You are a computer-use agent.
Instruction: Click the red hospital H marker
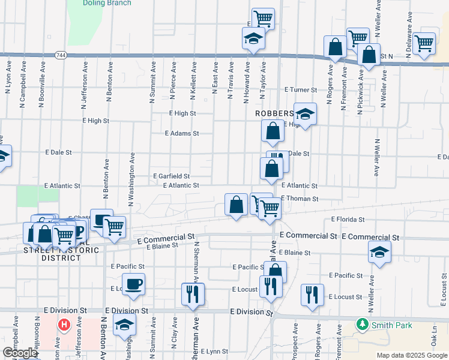pyautogui.click(x=64, y=326)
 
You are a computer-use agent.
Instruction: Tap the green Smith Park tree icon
pyautogui.click(x=362, y=325)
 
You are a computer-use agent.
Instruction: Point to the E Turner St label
pyautogui.click(x=301, y=90)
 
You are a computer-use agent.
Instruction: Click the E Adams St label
pyautogui.click(x=181, y=134)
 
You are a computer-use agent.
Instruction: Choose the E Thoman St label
pyautogui.click(x=299, y=198)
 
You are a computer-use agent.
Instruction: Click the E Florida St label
pyautogui.click(x=348, y=220)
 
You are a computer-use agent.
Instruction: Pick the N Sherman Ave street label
pyautogui.click(x=196, y=263)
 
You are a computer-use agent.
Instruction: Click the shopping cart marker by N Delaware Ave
pyautogui.click(x=424, y=43)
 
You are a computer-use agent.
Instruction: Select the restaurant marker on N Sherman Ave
pyautogui.click(x=193, y=294)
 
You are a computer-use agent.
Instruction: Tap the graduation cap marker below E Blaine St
pyautogui.click(x=379, y=252)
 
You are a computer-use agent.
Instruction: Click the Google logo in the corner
pyautogui.click(x=20, y=353)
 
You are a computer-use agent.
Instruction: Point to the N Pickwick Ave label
pyautogui.click(x=361, y=88)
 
